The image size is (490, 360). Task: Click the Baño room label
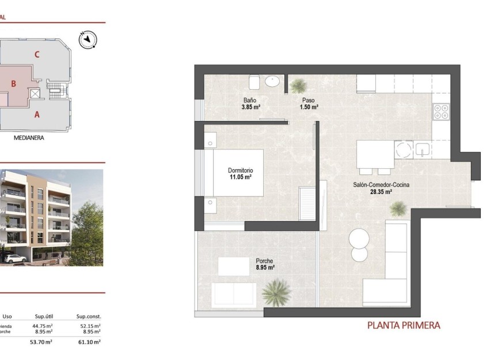click(249, 100)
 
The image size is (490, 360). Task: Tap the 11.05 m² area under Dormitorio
click(240, 178)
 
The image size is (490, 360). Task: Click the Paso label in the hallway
click(309, 100)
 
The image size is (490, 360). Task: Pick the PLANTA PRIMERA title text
click(404, 325)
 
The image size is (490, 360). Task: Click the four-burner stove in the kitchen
click(441, 111)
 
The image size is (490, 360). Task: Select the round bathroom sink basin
click(273, 81)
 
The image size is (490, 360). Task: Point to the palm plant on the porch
click(277, 292)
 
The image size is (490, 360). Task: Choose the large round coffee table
click(360, 238)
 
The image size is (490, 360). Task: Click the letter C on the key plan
click(37, 55)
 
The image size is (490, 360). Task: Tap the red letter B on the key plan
click(13, 84)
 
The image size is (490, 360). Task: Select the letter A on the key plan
click(37, 115)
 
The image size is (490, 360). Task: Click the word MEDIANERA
click(29, 138)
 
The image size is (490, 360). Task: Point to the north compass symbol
click(88, 39)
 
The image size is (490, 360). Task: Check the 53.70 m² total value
click(41, 342)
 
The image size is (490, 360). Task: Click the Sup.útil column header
click(44, 316)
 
